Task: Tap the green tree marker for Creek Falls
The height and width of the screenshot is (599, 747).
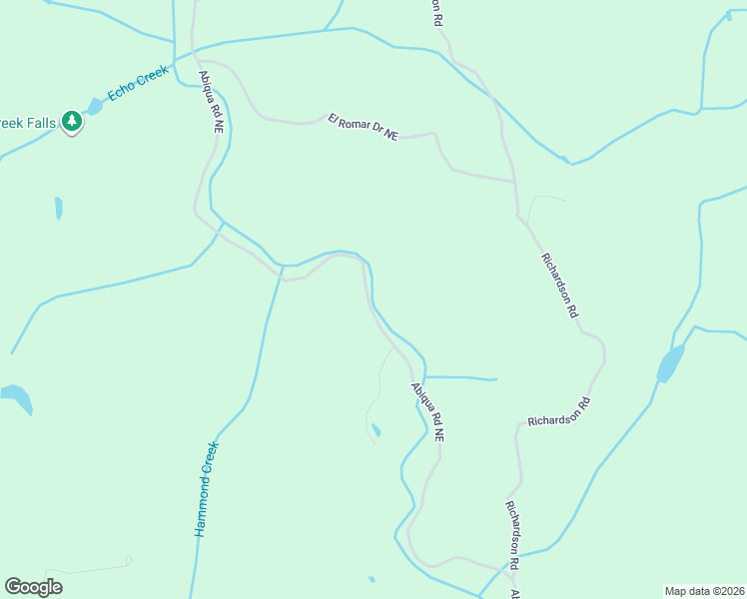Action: (71, 122)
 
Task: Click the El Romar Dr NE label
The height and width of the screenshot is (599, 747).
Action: (363, 127)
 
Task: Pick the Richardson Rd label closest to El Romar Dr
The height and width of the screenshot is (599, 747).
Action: (559, 285)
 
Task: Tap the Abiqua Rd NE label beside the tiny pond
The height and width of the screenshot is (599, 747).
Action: (427, 412)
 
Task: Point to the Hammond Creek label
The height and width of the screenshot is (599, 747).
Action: (206, 489)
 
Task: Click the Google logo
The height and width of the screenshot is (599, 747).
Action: (33, 587)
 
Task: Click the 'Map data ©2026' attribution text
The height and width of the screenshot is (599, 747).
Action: (704, 590)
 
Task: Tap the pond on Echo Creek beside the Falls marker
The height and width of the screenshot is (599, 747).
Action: (96, 105)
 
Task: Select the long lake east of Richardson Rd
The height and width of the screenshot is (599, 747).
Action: (671, 363)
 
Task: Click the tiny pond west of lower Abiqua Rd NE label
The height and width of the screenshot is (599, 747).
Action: (375, 430)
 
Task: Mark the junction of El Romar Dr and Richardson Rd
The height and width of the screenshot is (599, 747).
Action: (515, 183)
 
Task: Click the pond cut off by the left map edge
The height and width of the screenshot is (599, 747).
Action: (17, 395)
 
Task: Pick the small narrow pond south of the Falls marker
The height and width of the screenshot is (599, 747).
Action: (59, 208)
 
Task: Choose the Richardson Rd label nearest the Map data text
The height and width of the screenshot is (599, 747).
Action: (512, 534)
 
